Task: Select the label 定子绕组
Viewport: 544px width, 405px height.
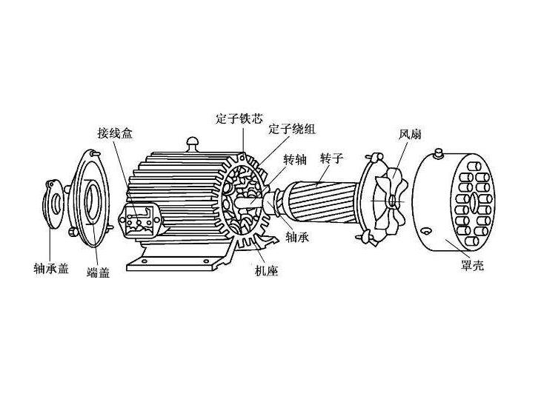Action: tap(291, 129)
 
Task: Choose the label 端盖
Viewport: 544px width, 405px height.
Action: tap(99, 272)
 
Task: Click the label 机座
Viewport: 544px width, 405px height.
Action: tap(265, 272)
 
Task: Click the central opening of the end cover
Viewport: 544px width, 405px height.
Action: tap(93, 197)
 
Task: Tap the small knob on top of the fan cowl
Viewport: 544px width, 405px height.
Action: tap(439, 153)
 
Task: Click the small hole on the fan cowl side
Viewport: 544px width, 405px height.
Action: tap(428, 232)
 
